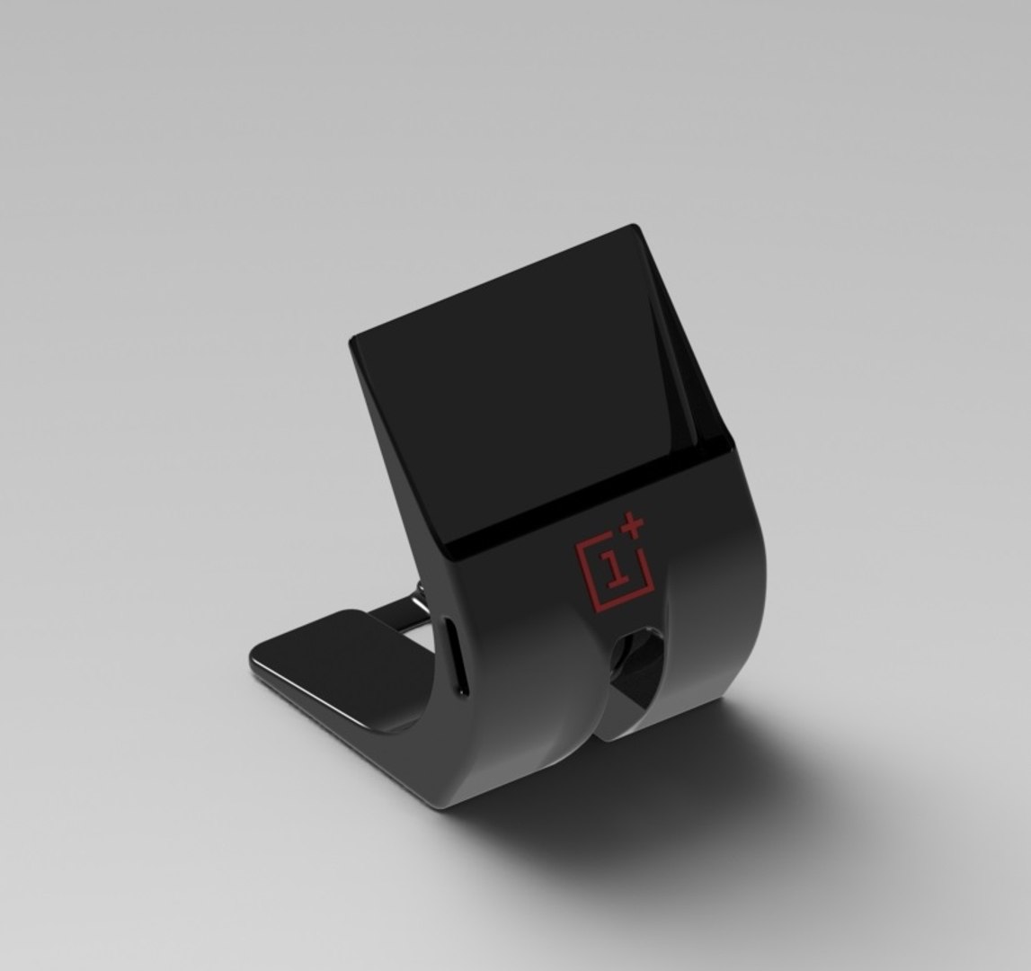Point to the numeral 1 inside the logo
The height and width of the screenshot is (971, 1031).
tap(615, 569)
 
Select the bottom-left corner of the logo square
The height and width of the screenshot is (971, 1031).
tap(594, 604)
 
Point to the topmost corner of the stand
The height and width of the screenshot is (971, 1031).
tap(635, 226)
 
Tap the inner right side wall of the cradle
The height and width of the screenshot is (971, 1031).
tap(688, 378)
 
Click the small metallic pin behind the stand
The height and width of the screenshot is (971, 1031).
tap(420, 593)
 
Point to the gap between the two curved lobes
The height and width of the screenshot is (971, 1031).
tap(600, 719)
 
